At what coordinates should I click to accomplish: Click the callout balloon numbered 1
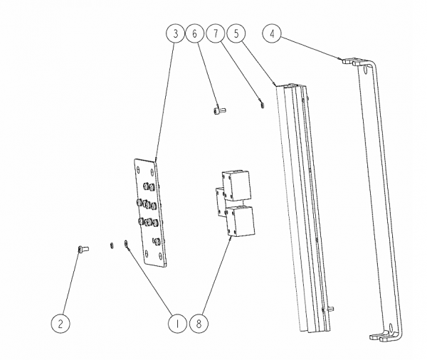177,324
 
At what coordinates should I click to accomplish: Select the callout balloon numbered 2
60,323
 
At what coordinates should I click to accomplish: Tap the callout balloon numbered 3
175,33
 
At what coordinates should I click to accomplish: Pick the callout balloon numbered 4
272,33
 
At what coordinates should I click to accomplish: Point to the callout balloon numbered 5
236,33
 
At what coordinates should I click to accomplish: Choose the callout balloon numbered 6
194,33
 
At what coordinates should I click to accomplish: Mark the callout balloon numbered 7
216,33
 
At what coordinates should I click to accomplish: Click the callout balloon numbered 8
199,324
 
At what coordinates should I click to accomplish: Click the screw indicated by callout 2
83,249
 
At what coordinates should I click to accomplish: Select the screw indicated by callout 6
219,110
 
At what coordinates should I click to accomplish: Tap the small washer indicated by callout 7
262,105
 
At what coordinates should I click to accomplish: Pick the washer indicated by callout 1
126,243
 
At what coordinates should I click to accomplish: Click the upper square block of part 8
236,186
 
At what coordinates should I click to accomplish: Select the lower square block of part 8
241,221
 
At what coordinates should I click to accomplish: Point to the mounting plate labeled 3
150,213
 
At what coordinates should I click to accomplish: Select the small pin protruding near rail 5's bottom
331,309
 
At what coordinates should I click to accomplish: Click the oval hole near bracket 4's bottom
391,327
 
